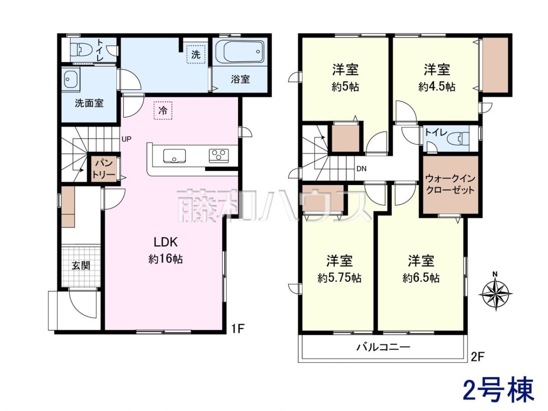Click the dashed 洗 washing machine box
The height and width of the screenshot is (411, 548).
[x=196, y=54]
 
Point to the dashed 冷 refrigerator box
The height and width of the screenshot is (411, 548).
[x=163, y=111]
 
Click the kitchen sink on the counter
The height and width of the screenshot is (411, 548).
[x=174, y=156]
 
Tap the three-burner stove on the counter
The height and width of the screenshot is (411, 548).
[x=219, y=156]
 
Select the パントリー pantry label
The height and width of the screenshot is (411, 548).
[x=104, y=169]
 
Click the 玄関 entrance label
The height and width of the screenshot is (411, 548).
[x=81, y=266]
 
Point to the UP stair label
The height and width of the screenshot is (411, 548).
[x=126, y=139]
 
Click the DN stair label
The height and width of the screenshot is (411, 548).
[x=361, y=169]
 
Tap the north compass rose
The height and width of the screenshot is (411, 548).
[x=495, y=293]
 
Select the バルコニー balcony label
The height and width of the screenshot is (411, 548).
[x=383, y=347]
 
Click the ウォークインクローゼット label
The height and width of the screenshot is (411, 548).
[x=450, y=184]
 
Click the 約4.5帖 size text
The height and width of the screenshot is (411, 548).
[x=437, y=87]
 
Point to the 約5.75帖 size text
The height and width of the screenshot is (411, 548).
[x=340, y=278]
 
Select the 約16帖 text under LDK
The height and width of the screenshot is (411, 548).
[x=165, y=259]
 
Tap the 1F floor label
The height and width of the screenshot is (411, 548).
[x=237, y=328]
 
